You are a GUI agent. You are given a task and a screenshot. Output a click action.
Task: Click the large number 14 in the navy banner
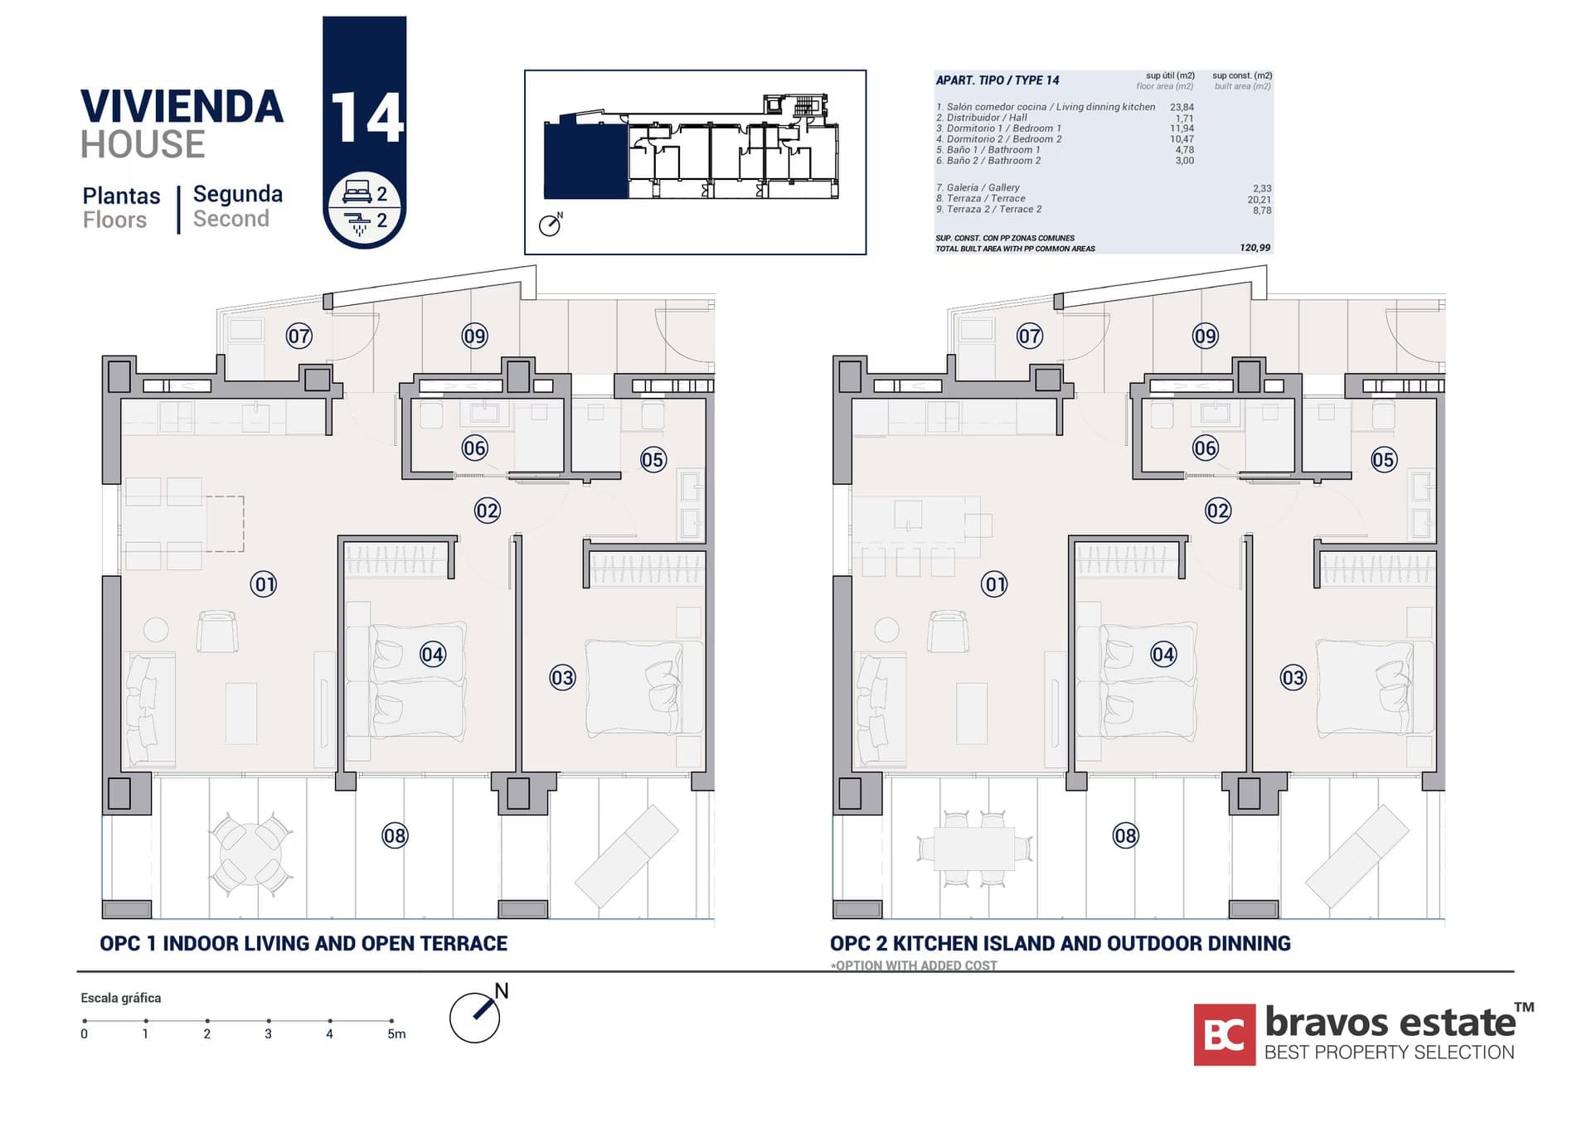[x=366, y=117]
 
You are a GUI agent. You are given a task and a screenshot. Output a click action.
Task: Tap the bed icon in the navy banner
[x=357, y=192]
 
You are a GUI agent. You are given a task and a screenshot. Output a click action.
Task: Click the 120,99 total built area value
[x=1255, y=248]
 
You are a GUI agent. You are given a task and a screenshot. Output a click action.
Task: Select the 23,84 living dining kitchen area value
[x=1182, y=107]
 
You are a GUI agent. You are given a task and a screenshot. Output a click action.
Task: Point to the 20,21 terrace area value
[x=1259, y=200]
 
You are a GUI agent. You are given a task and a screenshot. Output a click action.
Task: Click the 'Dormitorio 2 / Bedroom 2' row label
[x=998, y=139]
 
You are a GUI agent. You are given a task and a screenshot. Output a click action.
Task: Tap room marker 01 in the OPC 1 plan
[x=264, y=584]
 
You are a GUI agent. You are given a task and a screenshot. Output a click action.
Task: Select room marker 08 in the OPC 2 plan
[x=1125, y=835]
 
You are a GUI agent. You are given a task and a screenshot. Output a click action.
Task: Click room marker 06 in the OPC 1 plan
[x=474, y=448]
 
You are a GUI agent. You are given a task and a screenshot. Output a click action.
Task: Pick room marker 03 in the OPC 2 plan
[x=1293, y=678]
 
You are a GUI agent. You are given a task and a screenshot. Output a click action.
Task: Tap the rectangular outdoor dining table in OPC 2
[x=974, y=849]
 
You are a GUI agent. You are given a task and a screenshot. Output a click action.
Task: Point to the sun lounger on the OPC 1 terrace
[x=626, y=855]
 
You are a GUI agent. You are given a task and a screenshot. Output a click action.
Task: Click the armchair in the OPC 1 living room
[x=217, y=632]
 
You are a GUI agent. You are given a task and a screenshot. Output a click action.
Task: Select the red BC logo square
[x=1224, y=1034]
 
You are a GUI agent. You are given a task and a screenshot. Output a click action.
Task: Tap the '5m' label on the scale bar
[x=396, y=1034]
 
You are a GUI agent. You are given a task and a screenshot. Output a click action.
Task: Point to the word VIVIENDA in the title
[x=182, y=107]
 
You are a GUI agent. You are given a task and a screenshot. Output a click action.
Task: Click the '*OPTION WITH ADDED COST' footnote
[x=914, y=966]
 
